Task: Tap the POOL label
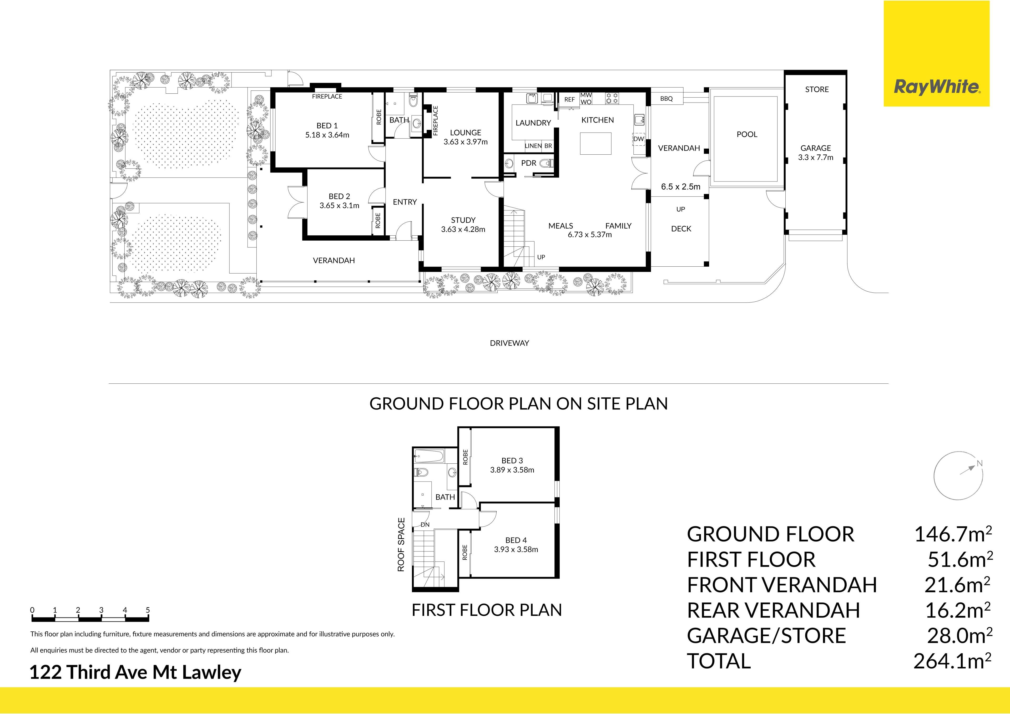pos(747,134)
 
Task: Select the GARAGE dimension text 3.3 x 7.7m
pos(816,158)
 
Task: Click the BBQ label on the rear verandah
pos(666,99)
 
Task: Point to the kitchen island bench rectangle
pos(596,143)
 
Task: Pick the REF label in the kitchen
pos(569,99)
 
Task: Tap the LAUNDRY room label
pos(533,123)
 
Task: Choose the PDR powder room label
pos(528,163)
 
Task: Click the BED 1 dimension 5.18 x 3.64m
pos(327,135)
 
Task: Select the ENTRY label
pos(405,202)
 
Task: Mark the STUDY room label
pos(463,220)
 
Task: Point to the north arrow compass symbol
pos(958,475)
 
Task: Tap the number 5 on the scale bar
pos(148,610)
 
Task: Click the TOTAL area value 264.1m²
pos(952,661)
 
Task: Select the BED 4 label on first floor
pos(516,540)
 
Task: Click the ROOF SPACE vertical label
pos(401,545)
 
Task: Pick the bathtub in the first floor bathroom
pos(429,456)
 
